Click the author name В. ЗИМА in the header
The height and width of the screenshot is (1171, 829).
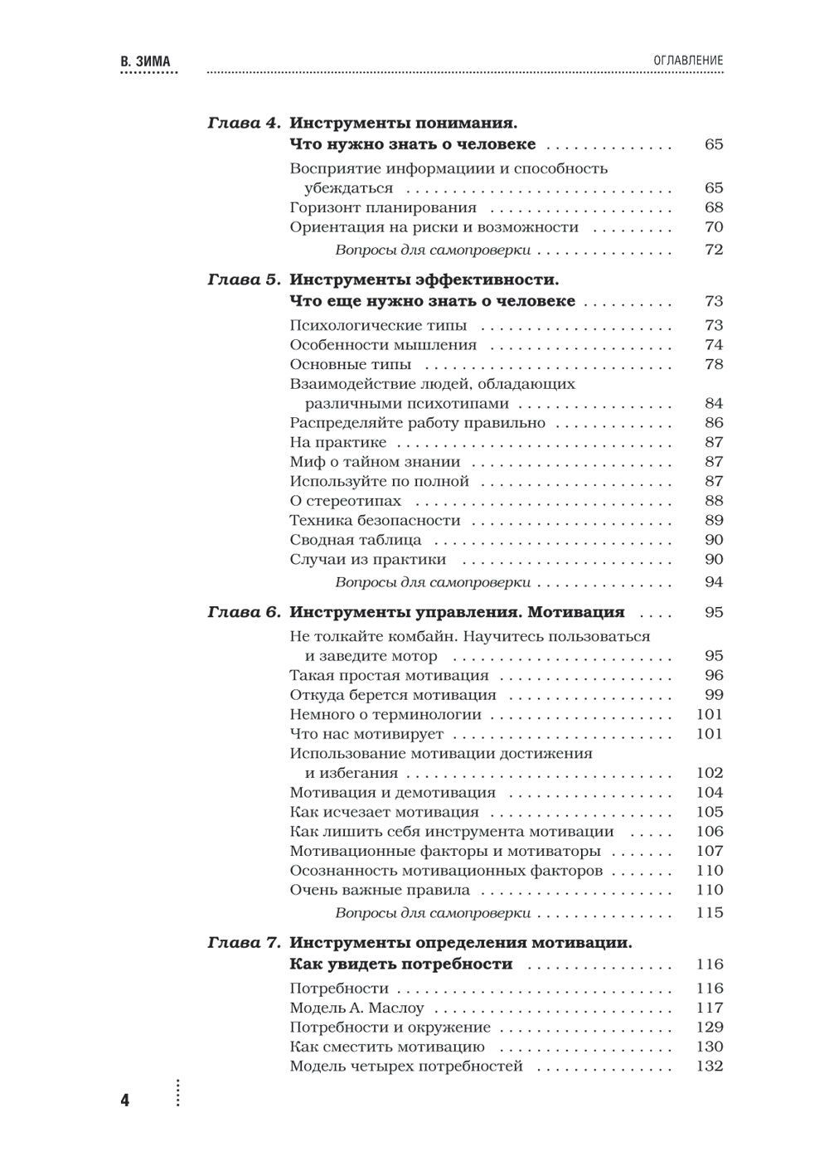[x=150, y=61]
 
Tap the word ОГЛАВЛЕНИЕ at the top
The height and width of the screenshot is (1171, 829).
[x=688, y=61]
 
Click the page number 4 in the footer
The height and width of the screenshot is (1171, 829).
[x=125, y=1101]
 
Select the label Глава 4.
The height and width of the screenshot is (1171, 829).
[x=245, y=123]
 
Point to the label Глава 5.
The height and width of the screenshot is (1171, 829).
[x=245, y=279]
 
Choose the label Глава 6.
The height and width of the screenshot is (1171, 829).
[x=245, y=613]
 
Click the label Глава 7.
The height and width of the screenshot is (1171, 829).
[x=245, y=943]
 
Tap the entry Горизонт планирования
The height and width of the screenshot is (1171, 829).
[x=383, y=207]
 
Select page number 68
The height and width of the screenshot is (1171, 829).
[x=713, y=207]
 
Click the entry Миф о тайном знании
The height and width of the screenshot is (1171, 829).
[x=375, y=462]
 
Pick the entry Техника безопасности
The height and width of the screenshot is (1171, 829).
[x=375, y=521]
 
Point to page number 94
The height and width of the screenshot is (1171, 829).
[x=713, y=582]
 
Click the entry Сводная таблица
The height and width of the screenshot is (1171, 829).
[x=356, y=540]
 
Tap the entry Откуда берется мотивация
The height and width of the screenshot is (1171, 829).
[x=393, y=695]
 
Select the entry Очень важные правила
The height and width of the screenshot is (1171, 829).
[x=380, y=890]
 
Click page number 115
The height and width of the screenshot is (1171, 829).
[x=710, y=913]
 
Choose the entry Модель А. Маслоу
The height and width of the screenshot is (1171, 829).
[x=356, y=1008]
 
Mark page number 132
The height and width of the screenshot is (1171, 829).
[x=710, y=1067]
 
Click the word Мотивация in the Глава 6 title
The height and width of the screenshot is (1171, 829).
[x=576, y=613]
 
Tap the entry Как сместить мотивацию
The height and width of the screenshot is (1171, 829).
[x=387, y=1047]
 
